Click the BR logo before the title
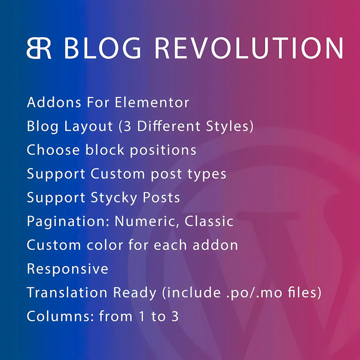pos(39,48)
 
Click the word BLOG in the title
pos(102,48)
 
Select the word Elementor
pos(152,102)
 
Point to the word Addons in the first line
pos(54,102)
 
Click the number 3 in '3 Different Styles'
pos(127,126)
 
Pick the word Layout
pos(88,127)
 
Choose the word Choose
pos(53,150)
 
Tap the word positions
pos(163,150)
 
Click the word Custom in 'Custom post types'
pos(118,174)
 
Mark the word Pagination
pos(68,222)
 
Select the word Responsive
pos(67,269)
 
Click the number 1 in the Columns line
pos(142,316)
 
